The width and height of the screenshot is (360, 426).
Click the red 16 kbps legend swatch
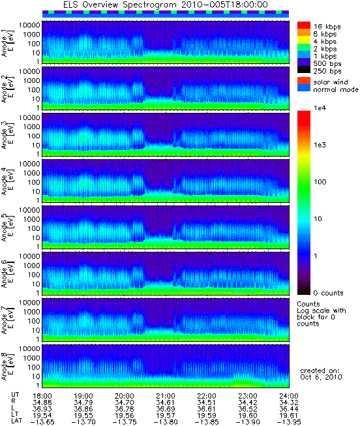304,25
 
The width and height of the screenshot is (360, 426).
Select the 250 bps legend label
327,71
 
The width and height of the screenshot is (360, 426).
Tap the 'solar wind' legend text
331,82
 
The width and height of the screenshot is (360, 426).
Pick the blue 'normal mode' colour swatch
304,88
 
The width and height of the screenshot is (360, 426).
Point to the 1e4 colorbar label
320,108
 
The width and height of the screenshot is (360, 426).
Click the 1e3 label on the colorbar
320,145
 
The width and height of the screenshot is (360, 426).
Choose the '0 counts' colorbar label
328,293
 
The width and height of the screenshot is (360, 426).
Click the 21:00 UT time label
166,396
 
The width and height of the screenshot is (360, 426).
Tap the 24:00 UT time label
289,396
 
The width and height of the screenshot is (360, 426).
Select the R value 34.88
42,403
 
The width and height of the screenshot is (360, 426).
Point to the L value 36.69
166,409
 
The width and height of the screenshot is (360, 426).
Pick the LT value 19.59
207,416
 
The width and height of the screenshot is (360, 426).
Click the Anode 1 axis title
8,43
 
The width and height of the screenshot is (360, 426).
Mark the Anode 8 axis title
8,367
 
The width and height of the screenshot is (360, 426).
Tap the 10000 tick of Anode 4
29,164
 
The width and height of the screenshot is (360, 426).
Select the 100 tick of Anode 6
34,275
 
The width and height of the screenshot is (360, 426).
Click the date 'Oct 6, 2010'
321,377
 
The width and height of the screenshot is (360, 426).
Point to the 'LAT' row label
16,421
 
